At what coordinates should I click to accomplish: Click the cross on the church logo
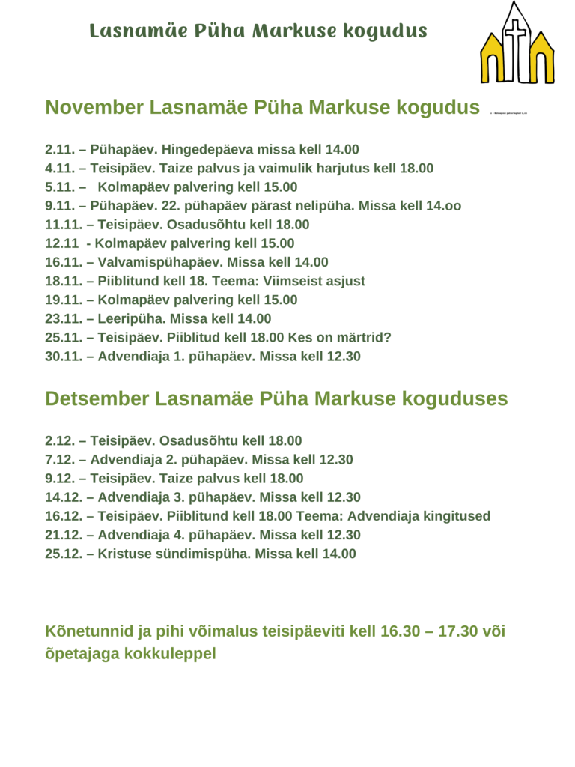516,33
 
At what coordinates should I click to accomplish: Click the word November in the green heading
94,107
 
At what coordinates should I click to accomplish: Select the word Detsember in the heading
97,398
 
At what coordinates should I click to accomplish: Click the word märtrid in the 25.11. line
364,337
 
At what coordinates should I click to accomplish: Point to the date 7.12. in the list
60,460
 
